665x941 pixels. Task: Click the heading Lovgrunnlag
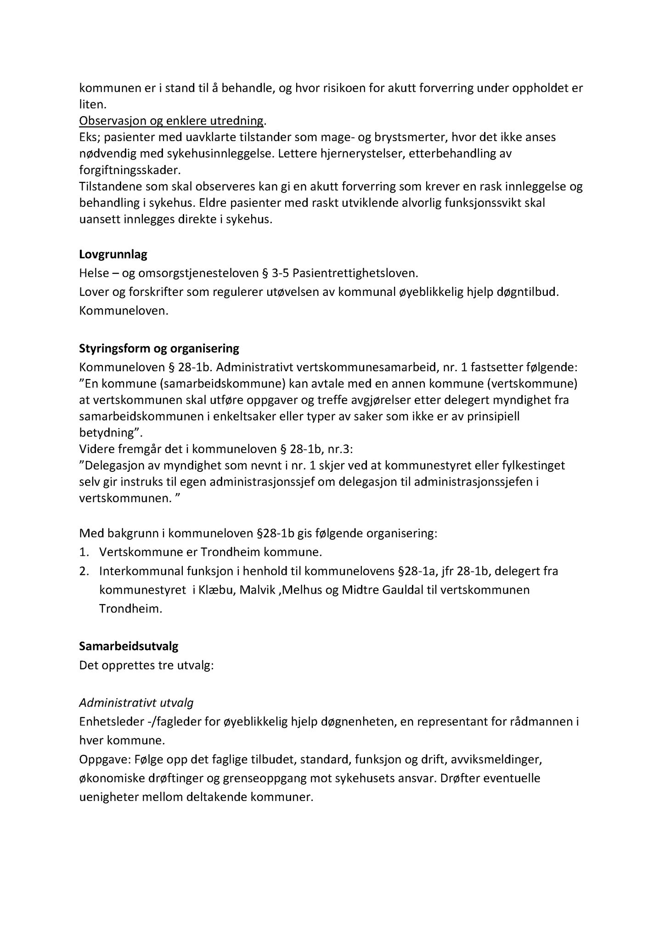coord(113,255)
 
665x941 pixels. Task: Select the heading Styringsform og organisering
coord(159,349)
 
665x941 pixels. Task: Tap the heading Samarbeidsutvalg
coord(129,646)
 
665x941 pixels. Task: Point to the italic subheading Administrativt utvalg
coord(136,703)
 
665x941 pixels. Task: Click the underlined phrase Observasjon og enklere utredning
coord(172,121)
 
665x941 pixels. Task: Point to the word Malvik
coord(259,590)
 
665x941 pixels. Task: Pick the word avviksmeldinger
coord(497,760)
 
